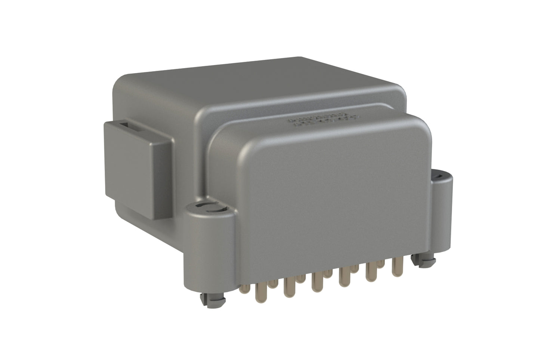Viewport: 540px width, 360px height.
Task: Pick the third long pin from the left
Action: [316, 283]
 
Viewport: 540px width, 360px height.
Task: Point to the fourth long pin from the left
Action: [343, 279]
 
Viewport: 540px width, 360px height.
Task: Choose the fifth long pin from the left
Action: [370, 273]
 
